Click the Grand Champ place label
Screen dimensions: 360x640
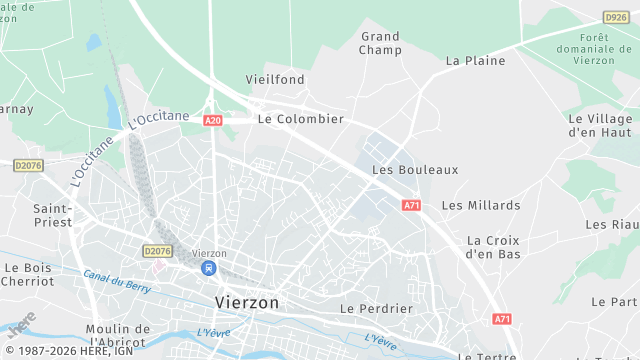point(380,43)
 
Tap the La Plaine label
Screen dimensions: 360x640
point(475,60)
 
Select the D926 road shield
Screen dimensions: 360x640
point(616,17)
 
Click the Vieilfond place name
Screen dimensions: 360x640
point(275,79)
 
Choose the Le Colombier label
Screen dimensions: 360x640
point(300,118)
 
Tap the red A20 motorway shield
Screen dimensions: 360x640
point(212,120)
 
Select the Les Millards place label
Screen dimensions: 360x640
point(481,205)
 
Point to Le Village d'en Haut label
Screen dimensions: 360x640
point(600,125)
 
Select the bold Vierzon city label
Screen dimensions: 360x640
point(247,301)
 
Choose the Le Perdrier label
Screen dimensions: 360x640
point(376,308)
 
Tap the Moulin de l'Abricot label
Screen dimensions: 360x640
point(117,336)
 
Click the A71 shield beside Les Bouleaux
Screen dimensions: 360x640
point(412,205)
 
